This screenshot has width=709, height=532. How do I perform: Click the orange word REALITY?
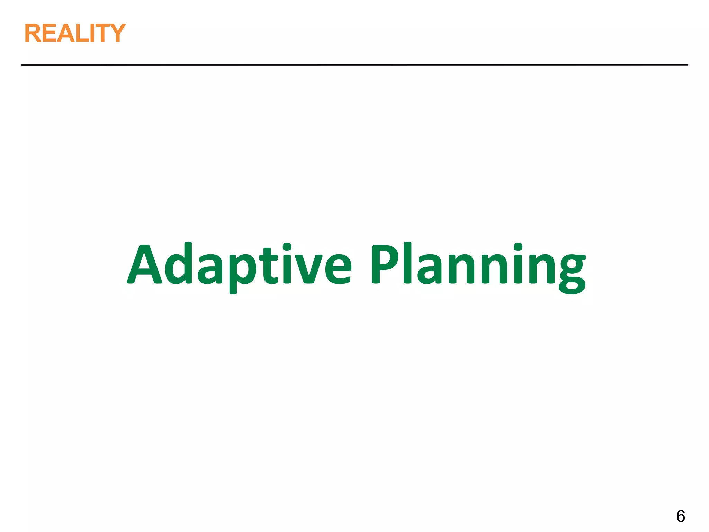pyautogui.click(x=75, y=33)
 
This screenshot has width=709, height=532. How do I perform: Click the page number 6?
pyautogui.click(x=681, y=516)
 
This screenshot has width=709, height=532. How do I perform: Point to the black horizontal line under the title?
pyautogui.click(x=354, y=65)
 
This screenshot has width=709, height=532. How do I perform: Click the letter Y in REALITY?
pyautogui.click(x=116, y=33)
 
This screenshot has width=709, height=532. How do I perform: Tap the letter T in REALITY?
pyautogui.click(x=102, y=33)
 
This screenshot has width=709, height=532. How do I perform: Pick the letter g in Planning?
pyautogui.click(x=572, y=274)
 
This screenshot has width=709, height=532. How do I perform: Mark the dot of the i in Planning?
pyautogui.click(x=518, y=247)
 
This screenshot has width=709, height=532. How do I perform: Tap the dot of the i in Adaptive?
pyautogui.click(x=287, y=247)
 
